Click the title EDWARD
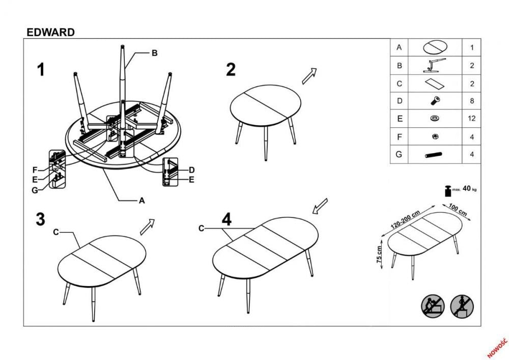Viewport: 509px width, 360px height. click(x=50, y=32)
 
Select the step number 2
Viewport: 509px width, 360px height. click(x=231, y=70)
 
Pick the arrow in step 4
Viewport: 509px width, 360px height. click(x=319, y=206)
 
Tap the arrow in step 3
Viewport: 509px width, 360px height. click(x=147, y=227)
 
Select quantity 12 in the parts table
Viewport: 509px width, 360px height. click(x=472, y=119)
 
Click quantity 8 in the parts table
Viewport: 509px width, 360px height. click(x=472, y=101)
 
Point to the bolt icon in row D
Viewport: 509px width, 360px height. click(x=435, y=101)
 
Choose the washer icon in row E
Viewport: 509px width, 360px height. click(x=435, y=119)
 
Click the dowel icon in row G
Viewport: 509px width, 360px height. click(x=433, y=154)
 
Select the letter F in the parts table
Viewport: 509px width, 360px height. click(x=400, y=136)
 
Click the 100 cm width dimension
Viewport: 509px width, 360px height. click(x=458, y=209)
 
